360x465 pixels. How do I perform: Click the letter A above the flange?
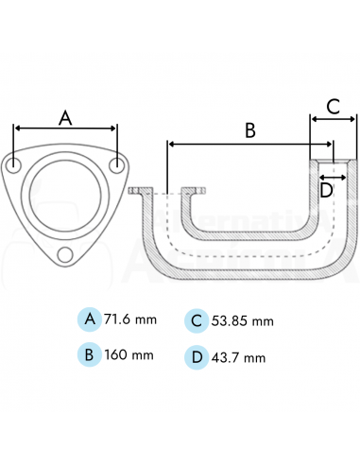65,117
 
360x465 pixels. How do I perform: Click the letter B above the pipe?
249,130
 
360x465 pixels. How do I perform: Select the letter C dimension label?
333,106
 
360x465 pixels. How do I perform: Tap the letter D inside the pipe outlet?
326,190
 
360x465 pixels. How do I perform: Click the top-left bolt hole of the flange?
16,165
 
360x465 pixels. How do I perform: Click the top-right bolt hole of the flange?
116,165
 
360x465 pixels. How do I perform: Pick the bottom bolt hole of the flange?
65,254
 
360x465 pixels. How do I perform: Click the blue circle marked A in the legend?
90,319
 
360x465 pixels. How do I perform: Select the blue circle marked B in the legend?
90,355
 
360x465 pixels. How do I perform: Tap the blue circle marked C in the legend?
196,319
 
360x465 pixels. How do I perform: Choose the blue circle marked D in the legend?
196,356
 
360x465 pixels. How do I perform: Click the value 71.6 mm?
132,319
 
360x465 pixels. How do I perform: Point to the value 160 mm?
129,356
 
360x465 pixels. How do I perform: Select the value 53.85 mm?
243,320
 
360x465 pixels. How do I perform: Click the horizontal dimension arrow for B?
249,144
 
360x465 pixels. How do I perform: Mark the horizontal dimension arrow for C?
334,119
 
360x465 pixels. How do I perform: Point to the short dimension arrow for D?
332,175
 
